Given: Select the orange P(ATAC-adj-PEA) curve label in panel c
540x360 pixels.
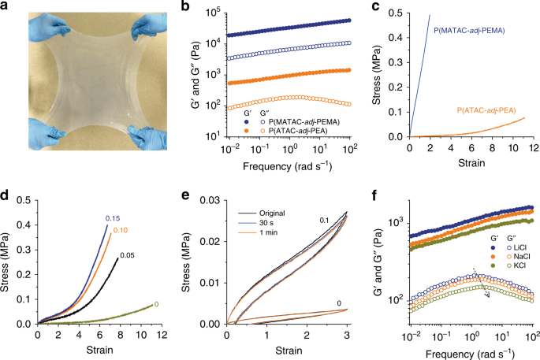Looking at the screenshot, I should pyautogui.click(x=485, y=112).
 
